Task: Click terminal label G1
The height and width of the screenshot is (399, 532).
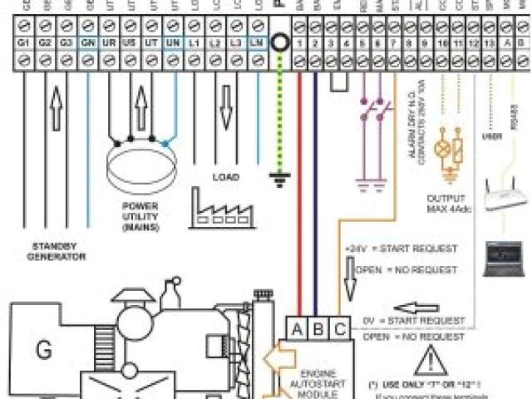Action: [22, 41]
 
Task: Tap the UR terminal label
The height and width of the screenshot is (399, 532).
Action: [109, 41]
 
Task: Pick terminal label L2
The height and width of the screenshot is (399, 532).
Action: [216, 41]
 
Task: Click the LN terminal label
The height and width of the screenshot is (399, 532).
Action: [259, 41]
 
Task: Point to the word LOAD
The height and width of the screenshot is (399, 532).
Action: [225, 177]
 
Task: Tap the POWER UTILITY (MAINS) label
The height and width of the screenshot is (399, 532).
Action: [140, 214]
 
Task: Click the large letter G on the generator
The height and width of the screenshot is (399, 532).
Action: [43, 349]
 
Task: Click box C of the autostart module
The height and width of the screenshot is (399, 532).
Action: [341, 329]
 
